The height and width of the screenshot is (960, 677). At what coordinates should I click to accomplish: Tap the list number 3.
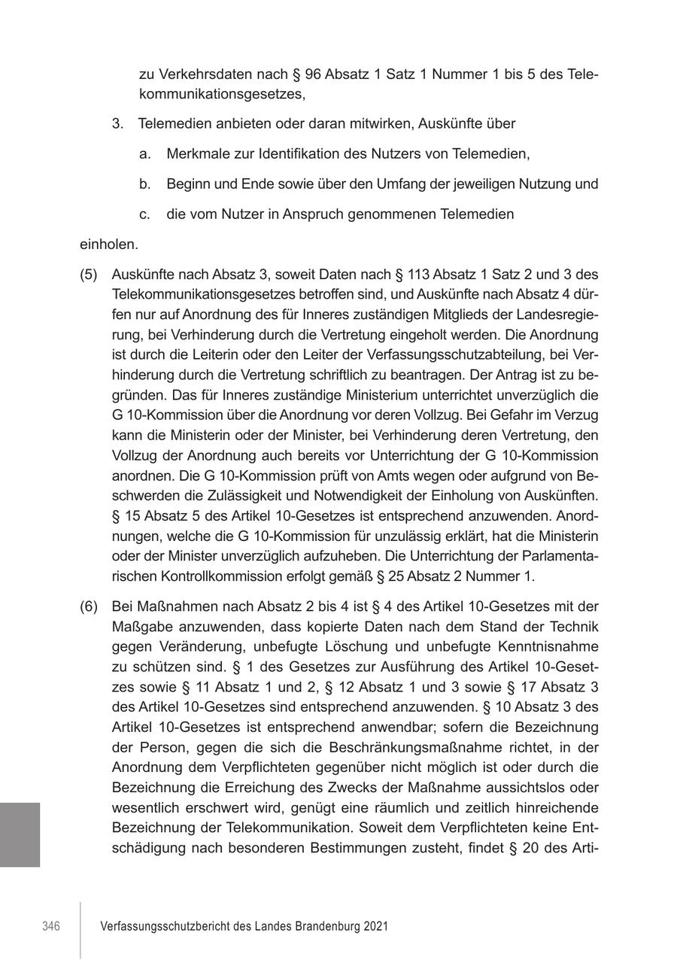[117, 123]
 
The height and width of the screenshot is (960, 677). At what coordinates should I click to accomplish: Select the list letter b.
[144, 184]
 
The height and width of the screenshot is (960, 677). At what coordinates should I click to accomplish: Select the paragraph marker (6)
[89, 606]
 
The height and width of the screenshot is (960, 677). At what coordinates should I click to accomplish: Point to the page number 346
[50, 926]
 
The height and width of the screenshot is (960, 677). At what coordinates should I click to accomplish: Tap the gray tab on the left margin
[20, 834]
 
